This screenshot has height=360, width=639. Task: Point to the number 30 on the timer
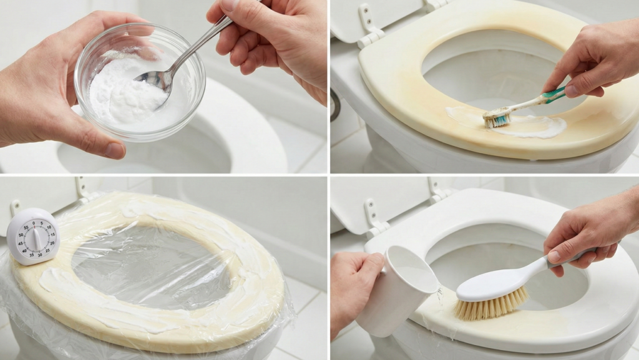[x=39, y=255]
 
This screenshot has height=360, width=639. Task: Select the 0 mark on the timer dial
[x=34, y=223]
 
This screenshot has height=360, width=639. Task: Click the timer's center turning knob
[x=36, y=238]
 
